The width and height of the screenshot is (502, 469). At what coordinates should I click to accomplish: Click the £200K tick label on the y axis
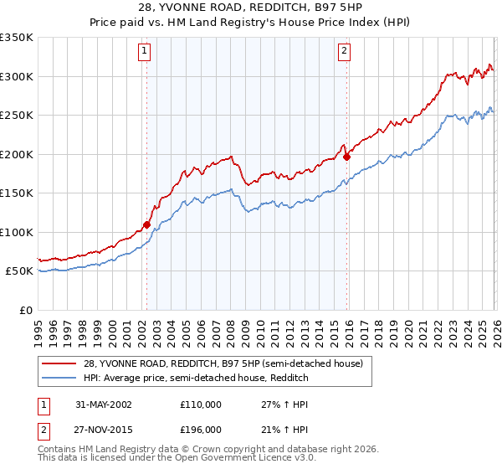17,154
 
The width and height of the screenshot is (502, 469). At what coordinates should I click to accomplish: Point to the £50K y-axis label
19,271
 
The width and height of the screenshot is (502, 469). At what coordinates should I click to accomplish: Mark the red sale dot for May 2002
146,224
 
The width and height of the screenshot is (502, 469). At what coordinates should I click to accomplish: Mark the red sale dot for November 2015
347,157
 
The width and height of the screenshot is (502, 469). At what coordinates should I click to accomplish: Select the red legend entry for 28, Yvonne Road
223,364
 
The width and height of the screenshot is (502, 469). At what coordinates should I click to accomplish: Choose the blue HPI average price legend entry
196,379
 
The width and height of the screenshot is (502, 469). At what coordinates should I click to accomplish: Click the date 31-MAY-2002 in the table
102,404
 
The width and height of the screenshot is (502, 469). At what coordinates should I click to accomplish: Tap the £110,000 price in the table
201,404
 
